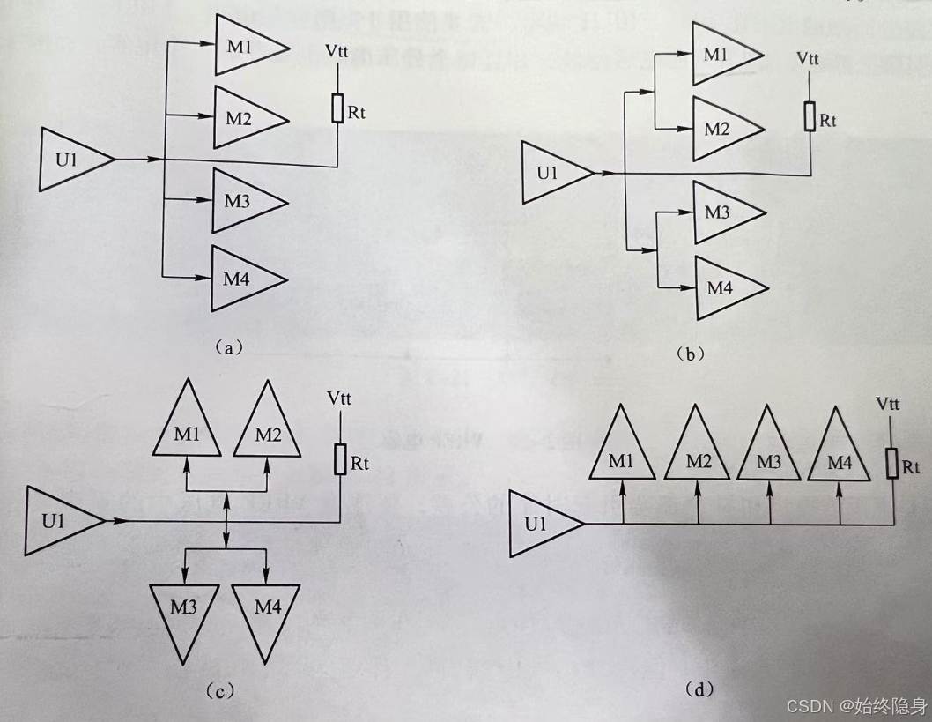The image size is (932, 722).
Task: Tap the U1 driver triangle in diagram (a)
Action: pos(70,159)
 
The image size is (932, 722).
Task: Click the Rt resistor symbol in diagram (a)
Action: pos(338,108)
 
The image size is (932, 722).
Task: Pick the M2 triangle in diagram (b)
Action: pos(721,129)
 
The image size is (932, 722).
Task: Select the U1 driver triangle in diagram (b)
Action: pos(551,172)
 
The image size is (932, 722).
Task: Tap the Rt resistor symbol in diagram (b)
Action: pos(810,116)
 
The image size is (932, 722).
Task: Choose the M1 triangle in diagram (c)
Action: pos(187,431)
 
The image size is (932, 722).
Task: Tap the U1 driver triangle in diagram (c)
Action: pos(59,520)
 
